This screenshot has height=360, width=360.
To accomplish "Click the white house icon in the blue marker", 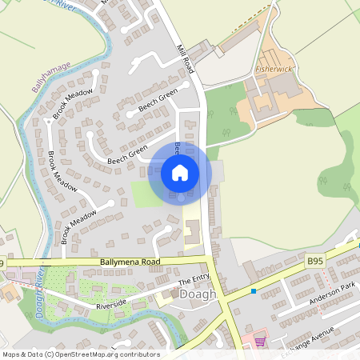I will [180, 172].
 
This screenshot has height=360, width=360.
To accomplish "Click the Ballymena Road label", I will [130, 262].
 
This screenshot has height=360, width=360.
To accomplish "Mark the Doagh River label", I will [38, 294].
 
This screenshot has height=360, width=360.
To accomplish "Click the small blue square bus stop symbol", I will [254, 291].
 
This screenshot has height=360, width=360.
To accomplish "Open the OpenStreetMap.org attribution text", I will [81, 354].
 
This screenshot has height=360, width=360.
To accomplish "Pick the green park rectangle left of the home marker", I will [144, 193].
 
